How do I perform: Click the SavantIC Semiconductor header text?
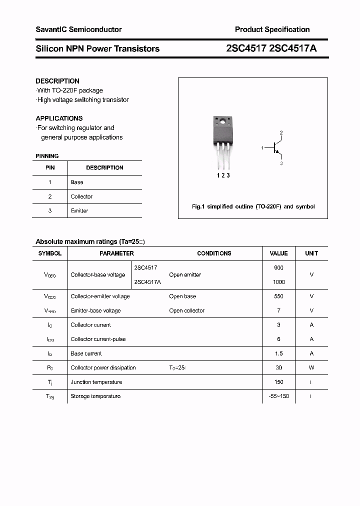click(78, 29)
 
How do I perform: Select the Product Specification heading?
click(272, 29)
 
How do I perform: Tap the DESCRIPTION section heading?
click(57, 81)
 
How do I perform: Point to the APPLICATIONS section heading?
click(59, 118)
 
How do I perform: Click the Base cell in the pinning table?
click(77, 182)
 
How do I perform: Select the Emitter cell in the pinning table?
click(79, 211)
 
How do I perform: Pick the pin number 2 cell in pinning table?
click(50, 196)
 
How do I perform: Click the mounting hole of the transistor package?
click(221, 121)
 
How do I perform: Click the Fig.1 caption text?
click(253, 206)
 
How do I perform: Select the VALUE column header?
click(278, 253)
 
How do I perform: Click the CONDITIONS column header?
click(214, 253)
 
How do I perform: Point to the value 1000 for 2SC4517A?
click(278, 282)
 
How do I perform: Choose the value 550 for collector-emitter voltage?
click(278, 296)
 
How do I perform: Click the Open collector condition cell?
click(187, 310)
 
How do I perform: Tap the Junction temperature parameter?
click(96, 382)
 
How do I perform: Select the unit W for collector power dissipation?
click(311, 367)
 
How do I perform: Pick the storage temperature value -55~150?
click(278, 396)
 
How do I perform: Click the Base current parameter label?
click(86, 353)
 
